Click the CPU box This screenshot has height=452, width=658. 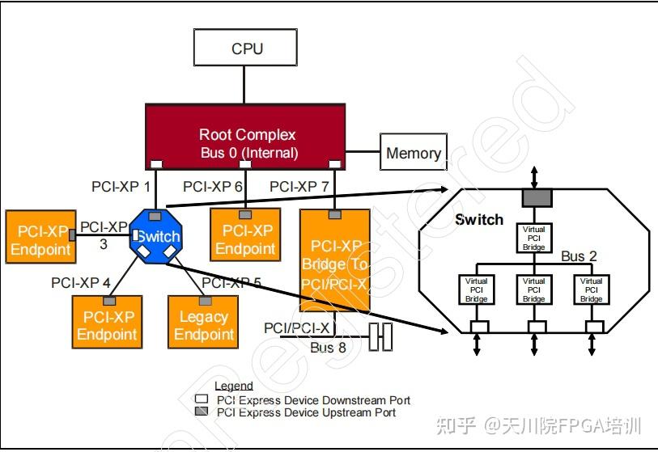(247, 48)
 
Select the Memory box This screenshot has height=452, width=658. (414, 153)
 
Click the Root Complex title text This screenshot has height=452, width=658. (248, 134)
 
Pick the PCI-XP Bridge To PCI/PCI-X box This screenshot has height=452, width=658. (336, 260)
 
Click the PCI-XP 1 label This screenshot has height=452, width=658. (121, 187)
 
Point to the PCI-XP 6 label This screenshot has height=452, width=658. (213, 187)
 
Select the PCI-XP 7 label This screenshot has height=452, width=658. (299, 187)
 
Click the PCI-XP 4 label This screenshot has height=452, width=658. (81, 283)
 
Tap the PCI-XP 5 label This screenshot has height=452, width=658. (231, 283)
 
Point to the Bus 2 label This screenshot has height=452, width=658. (579, 256)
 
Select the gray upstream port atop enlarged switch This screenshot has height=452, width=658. (534, 196)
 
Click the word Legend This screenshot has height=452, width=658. (234, 386)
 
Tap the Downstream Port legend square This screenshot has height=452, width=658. (202, 400)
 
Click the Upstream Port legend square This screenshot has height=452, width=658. (202, 412)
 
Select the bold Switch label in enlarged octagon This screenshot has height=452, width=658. (479, 219)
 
